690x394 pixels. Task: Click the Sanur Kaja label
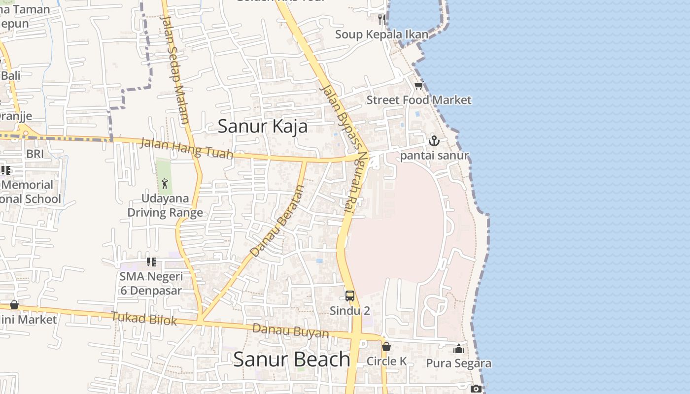(x=262, y=126)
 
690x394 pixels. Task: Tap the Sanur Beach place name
(x=291, y=359)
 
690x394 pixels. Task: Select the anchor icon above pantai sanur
(x=434, y=141)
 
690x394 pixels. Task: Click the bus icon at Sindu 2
(x=350, y=296)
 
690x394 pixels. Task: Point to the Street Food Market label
(x=418, y=100)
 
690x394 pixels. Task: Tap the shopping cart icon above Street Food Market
(x=418, y=86)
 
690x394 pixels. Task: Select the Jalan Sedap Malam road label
(x=175, y=69)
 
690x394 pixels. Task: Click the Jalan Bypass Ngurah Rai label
(x=345, y=148)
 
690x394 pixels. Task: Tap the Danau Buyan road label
(x=290, y=330)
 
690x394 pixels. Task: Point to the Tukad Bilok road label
(x=143, y=318)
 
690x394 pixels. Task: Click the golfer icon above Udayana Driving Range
(x=165, y=184)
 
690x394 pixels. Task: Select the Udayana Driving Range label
(x=165, y=205)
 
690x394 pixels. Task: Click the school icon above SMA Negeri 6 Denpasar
(x=151, y=262)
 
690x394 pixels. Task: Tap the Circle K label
(x=386, y=361)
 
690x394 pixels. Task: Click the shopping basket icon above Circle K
(x=386, y=347)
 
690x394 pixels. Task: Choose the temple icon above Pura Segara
(x=459, y=349)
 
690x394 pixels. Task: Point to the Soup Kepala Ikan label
(x=381, y=34)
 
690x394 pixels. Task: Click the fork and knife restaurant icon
(x=382, y=19)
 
